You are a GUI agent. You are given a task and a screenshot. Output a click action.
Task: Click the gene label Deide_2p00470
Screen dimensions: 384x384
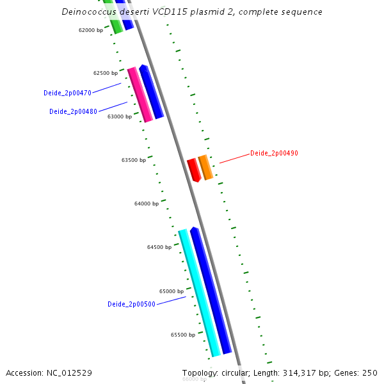pos(67,93)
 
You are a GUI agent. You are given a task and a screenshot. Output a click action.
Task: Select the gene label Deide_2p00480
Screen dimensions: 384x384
pos(73,111)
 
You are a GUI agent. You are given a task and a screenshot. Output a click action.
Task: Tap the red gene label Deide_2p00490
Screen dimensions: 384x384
pos(274,153)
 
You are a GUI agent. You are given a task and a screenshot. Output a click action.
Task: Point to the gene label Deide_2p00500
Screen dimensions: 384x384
pos(131,304)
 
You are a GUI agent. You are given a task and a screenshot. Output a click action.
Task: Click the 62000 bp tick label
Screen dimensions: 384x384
pos(90,30)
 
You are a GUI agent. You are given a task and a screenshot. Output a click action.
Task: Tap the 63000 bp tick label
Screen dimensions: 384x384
pos(120,116)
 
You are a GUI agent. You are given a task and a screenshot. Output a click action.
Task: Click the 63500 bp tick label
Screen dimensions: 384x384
pos(134,160)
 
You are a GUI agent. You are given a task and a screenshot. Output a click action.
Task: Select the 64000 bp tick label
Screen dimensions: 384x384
pos(147,204)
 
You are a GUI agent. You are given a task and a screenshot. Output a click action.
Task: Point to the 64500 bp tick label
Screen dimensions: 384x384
pos(159,247)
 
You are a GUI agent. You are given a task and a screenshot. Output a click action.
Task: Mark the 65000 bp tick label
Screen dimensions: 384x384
pos(172,291)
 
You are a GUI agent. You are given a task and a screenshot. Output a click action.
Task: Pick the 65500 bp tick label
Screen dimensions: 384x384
pos(183,335)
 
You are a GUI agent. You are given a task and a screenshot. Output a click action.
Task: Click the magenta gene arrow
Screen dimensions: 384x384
pos(140,94)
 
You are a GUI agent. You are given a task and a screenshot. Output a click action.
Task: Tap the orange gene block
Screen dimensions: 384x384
pos(205,167)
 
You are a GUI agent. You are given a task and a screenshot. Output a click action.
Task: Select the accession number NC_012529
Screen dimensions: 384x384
pos(69,372)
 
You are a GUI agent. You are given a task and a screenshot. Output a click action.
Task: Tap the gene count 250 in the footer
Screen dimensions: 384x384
pos(370,372)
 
